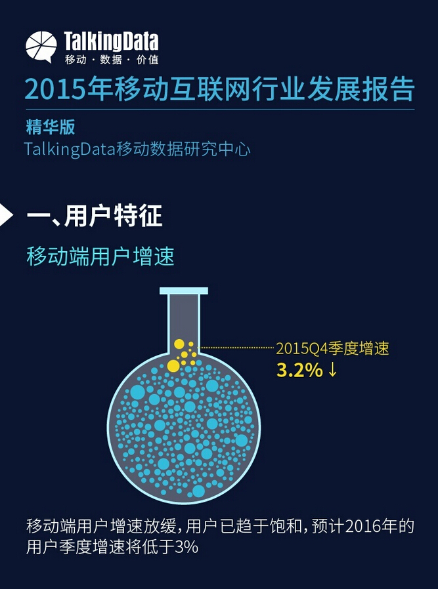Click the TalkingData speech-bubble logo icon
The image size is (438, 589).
[41, 47]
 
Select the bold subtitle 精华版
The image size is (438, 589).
[51, 127]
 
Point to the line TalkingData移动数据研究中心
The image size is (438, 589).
[137, 150]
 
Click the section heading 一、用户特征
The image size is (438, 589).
[95, 216]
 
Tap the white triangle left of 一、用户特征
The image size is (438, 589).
[7, 215]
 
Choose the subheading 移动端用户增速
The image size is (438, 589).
[100, 257]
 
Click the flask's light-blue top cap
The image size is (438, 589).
[183, 291]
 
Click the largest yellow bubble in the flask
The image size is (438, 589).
[174, 366]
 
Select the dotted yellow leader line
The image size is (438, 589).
[236, 348]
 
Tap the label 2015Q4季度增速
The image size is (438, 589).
[332, 349]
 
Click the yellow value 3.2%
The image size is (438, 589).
[299, 371]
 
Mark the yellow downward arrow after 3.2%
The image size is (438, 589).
[332, 371]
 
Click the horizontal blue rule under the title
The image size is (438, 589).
[220, 109]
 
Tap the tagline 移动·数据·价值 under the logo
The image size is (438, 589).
[111, 59]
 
